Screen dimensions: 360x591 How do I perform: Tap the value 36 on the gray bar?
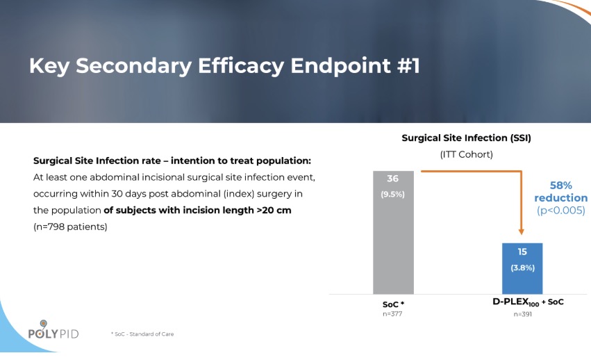[x=393, y=179]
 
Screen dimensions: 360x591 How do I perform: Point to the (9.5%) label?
[x=393, y=194]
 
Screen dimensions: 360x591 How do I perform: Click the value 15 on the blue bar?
[x=522, y=252]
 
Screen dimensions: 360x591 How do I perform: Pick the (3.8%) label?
[x=522, y=268]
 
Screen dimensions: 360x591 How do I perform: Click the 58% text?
[x=560, y=186]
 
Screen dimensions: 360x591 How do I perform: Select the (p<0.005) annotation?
[x=560, y=211]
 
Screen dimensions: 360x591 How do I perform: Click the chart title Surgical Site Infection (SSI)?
[x=466, y=138]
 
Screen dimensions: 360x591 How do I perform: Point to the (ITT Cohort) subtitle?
[x=466, y=154]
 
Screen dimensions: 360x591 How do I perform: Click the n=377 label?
[x=392, y=314]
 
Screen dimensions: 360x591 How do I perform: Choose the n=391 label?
[x=522, y=314]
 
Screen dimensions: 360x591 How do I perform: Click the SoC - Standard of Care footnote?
[x=142, y=334]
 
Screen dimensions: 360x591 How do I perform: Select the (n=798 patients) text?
[x=70, y=227]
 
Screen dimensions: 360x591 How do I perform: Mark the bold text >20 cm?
[x=274, y=210]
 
